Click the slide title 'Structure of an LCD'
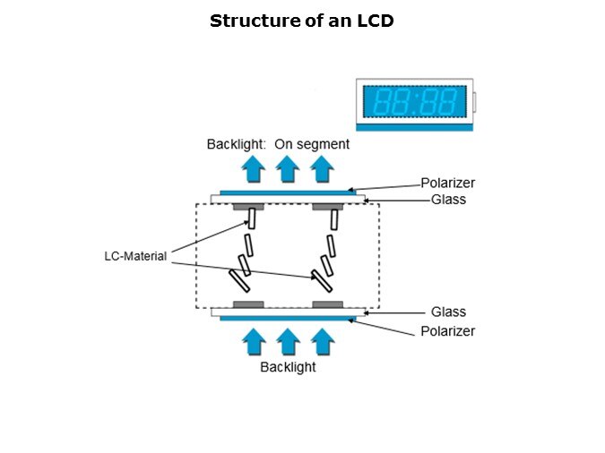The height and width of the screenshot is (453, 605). [301, 21]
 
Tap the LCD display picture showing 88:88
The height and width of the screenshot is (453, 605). [414, 102]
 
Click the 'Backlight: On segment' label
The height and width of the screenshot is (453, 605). [278, 143]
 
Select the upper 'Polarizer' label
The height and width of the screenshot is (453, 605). [447, 183]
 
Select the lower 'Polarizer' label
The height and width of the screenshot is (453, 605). [447, 331]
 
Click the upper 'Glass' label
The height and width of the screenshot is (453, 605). [448, 200]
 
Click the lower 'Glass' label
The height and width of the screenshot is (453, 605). [448, 312]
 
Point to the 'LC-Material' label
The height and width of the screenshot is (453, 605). [135, 256]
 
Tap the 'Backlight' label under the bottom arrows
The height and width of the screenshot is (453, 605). [288, 367]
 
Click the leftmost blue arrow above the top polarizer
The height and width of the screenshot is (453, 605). [254, 168]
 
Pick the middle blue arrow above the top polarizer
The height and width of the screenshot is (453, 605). [287, 168]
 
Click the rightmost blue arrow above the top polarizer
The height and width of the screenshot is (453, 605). [321, 168]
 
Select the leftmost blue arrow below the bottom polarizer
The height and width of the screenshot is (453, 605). [254, 342]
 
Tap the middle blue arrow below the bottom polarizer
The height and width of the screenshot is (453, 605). [287, 342]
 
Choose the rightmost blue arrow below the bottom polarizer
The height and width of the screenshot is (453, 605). [321, 342]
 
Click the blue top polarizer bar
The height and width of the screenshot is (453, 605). [288, 192]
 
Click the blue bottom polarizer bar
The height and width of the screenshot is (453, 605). [288, 319]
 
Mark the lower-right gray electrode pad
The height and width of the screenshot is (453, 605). [327, 304]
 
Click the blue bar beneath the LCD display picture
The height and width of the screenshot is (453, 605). [414, 128]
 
